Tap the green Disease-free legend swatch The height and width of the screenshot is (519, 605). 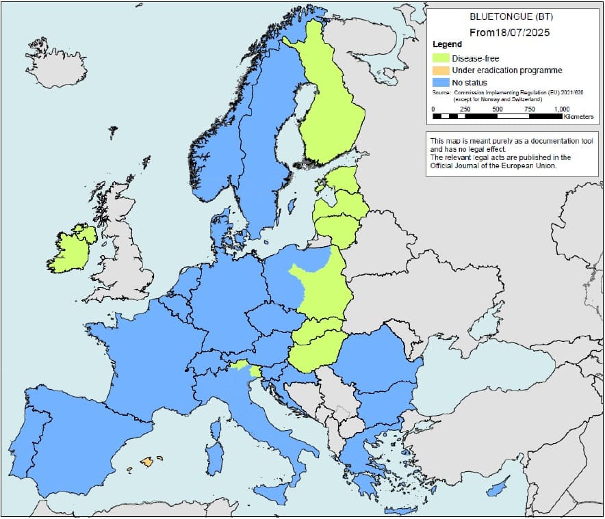pos(441,58)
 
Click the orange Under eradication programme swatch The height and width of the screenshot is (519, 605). pos(441,70)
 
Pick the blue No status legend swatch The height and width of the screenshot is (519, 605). pos(441,83)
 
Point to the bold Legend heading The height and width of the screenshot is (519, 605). pos(448,44)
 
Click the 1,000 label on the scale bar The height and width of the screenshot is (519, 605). pos(561,109)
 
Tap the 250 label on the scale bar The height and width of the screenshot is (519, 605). pos(465,109)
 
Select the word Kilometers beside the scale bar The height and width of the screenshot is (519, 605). pos(578,118)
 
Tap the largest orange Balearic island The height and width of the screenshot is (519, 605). pos(147,462)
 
